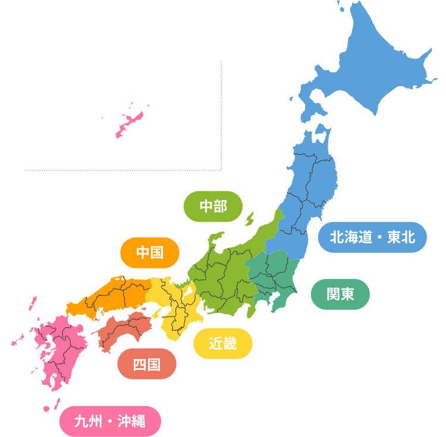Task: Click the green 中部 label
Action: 213,206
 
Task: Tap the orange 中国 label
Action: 150,252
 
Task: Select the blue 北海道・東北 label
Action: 372,237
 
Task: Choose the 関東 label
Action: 340,294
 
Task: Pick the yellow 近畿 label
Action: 223,343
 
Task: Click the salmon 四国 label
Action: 146,364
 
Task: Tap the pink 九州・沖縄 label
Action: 110,421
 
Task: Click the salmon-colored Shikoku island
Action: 125,330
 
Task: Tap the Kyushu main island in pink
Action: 59,350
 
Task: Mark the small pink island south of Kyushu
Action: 47,408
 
